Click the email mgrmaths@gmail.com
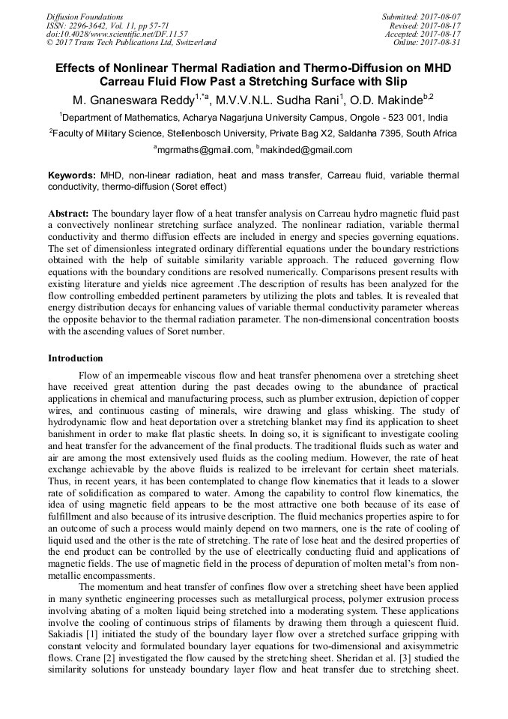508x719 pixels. coord(202,149)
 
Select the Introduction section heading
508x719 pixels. coord(76,358)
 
